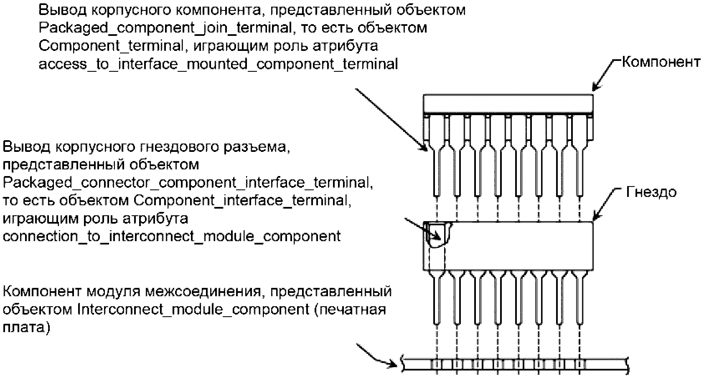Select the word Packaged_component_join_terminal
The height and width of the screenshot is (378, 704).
coord(165,28)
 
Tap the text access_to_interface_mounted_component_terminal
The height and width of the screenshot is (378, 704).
coord(218,64)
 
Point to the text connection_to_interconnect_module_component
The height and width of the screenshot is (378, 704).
coord(172,236)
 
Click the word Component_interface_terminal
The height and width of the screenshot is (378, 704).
coord(241,201)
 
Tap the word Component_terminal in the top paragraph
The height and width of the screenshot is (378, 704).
coord(111,46)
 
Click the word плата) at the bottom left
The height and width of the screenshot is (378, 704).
coord(26,328)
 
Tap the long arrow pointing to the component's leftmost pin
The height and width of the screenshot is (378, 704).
coord(391,119)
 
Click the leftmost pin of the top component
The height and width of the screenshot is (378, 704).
coord(436,167)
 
